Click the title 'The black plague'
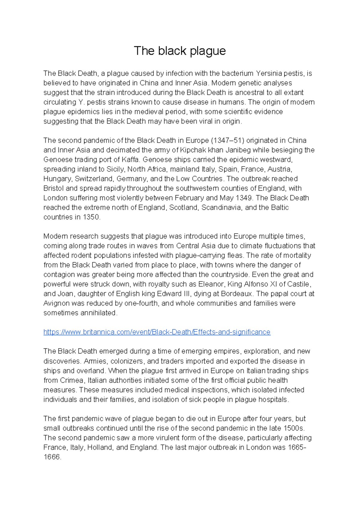pos(180,51)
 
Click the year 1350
pos(91,217)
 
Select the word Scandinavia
pos(221,208)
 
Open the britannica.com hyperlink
pos(157,332)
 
